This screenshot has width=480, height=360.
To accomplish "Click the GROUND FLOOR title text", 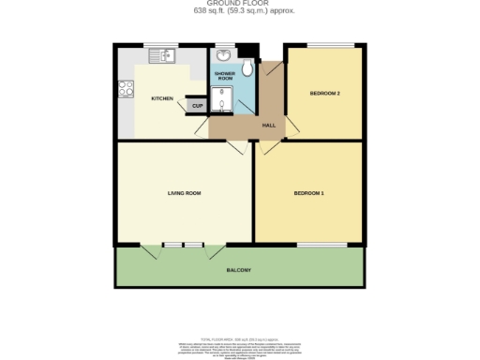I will [239, 4].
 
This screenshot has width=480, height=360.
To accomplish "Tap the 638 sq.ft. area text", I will [239, 12].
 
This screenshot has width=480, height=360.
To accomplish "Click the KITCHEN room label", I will [162, 98].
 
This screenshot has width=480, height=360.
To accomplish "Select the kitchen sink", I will [162, 57].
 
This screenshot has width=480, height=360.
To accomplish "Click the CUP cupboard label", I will [197, 106].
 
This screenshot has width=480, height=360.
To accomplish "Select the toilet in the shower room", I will [247, 68].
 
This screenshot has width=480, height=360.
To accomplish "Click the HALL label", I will [268, 125].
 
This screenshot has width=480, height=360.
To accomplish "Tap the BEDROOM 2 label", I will [324, 93].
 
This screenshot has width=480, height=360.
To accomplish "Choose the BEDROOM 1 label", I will [309, 193].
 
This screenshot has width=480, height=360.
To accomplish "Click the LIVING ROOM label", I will [185, 193].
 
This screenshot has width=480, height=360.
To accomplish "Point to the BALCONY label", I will [238, 270].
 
